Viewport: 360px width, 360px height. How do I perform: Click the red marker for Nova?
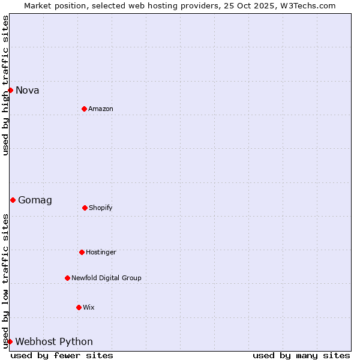coord(10,90)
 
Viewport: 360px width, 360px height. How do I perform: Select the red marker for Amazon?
coord(85,109)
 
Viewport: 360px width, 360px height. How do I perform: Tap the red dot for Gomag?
coord(13,200)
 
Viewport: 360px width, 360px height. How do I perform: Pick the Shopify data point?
coord(85,208)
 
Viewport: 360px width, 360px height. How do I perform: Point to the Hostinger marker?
coord(82,252)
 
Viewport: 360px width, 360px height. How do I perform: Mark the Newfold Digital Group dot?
coord(67,278)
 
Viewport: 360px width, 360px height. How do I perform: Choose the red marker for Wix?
coord(79,307)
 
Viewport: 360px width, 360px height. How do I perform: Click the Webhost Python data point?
coord(10,341)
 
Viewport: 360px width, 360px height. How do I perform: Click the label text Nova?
coord(28,91)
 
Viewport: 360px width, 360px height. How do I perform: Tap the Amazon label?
coord(101,109)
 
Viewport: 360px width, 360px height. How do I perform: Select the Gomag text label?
coord(35,200)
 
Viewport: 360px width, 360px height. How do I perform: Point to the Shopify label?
coord(101,208)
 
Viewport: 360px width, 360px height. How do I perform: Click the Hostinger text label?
coord(101,253)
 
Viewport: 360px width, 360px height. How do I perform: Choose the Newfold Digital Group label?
coord(106,278)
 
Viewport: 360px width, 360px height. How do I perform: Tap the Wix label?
coord(89,308)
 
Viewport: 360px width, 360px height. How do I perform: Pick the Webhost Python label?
coord(54,342)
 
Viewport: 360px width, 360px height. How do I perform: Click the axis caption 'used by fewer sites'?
coord(62,355)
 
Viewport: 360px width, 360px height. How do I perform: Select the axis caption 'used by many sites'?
coord(301,355)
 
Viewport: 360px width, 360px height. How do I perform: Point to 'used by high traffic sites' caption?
coord(5,85)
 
